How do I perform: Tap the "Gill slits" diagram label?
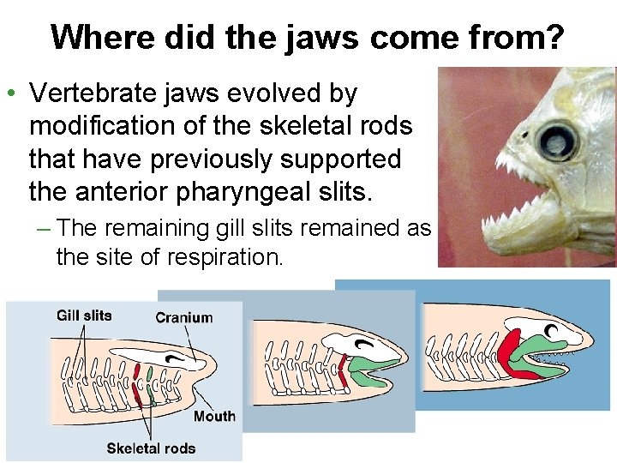pos(84,316)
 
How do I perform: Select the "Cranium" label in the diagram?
pos(183,318)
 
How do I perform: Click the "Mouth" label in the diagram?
pos(214,416)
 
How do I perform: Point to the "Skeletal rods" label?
pos(151,448)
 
